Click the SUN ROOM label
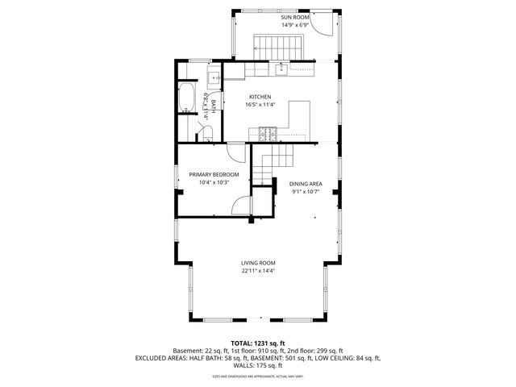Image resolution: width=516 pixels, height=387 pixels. [295, 17]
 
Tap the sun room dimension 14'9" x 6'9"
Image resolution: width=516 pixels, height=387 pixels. [295, 25]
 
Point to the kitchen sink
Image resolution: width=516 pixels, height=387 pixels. [281, 69]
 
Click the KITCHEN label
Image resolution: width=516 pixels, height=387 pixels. [260, 97]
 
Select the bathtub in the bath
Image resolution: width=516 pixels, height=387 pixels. [185, 98]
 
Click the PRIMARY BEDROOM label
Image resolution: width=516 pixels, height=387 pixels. [214, 174]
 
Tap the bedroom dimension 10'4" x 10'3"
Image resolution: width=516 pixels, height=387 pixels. [214, 183]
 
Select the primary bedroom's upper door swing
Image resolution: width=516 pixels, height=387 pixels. [239, 151]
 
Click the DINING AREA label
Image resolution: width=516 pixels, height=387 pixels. [306, 184]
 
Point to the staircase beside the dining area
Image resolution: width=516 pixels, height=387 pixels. [274, 165]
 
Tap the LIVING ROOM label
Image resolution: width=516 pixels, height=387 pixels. [258, 263]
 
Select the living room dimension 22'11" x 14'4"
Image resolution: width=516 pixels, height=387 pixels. [258, 272]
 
